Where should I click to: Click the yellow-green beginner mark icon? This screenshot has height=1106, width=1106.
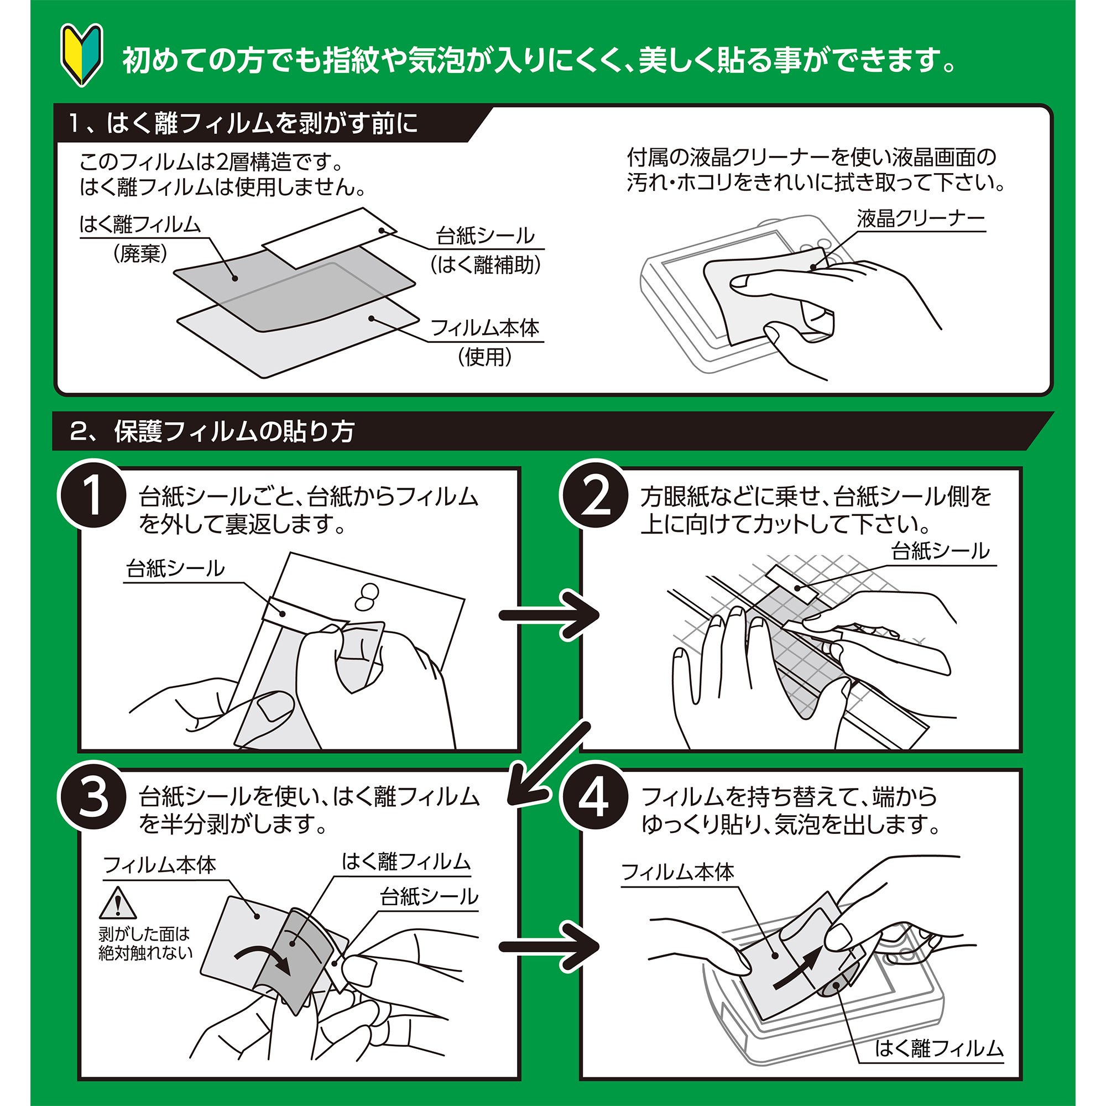pyautogui.click(x=82, y=55)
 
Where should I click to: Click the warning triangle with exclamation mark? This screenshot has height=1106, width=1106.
pyautogui.click(x=118, y=904)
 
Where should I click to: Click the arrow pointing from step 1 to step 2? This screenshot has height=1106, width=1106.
pyautogui.click(x=549, y=615)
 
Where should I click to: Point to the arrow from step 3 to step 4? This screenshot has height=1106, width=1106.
pyautogui.click(x=549, y=946)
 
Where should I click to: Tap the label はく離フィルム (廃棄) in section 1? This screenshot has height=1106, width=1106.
pyautogui.click(x=140, y=236)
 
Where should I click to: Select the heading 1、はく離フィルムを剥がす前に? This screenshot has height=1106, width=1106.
pyautogui.click(x=244, y=124)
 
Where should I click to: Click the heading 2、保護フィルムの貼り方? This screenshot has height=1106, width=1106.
pyautogui.click(x=212, y=431)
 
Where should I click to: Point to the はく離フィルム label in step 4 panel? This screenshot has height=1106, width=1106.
pyautogui.click(x=939, y=1048)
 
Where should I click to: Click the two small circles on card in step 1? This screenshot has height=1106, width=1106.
pyautogui.click(x=367, y=596)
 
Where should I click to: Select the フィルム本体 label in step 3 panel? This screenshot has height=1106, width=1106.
pyautogui.click(x=160, y=864)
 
